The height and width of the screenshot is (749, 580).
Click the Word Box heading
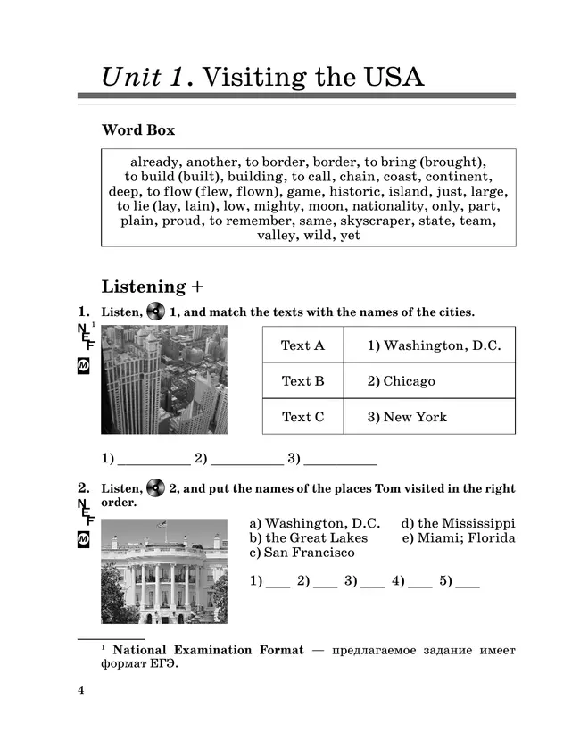pos(138,130)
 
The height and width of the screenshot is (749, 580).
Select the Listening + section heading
pos(153,287)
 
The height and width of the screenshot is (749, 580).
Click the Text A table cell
pos(302,345)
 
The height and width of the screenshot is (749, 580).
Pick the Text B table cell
pos(302,381)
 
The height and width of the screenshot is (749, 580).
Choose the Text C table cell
pos(302,417)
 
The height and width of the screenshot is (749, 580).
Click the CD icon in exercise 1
pos(156,312)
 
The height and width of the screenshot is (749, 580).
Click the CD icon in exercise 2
pos(156,488)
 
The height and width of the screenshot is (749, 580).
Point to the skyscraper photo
pos(164,379)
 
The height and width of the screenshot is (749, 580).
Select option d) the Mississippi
pos(458,523)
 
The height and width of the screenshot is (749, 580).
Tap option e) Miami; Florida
pos(458,537)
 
